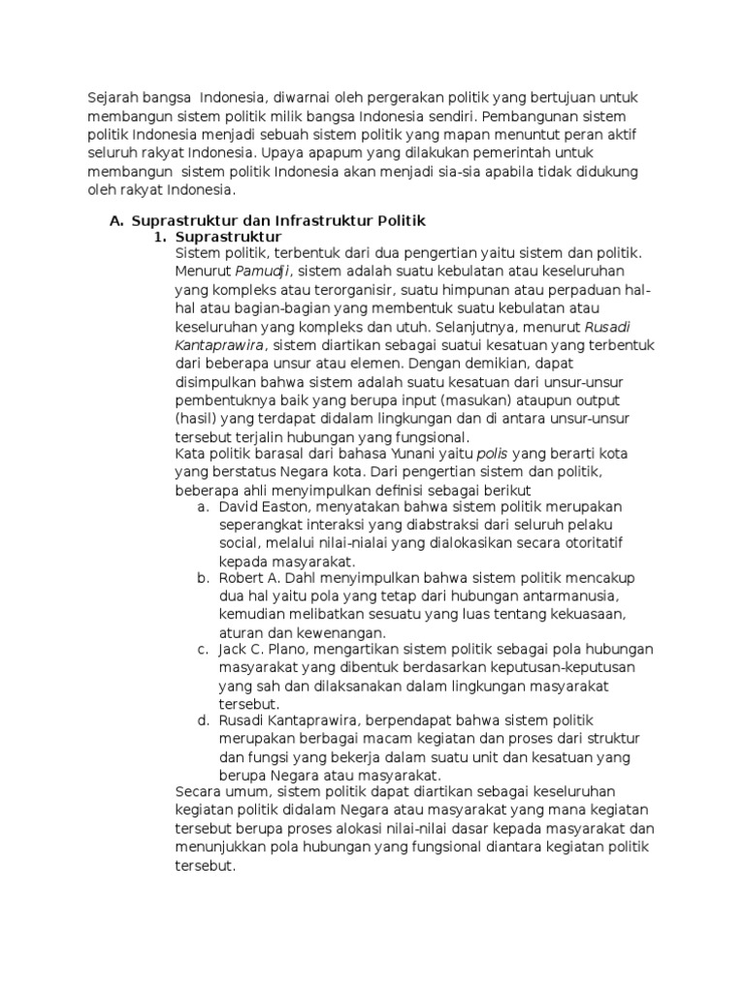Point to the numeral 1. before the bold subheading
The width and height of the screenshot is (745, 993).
161,237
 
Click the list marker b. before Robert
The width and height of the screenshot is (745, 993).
203,579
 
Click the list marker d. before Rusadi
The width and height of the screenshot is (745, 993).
203,721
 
